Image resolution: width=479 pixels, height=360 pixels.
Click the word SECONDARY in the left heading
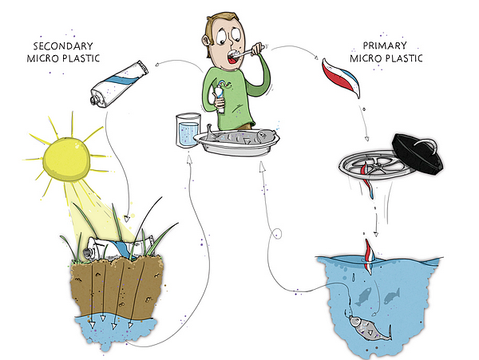(x=63, y=46)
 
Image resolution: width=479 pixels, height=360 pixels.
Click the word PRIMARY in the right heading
(x=385, y=45)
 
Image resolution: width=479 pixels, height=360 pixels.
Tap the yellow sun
(x=66, y=160)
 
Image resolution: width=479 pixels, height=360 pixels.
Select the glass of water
(x=188, y=130)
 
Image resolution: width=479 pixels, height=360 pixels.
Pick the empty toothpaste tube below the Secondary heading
(x=120, y=84)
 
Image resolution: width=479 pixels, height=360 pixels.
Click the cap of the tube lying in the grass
(x=88, y=252)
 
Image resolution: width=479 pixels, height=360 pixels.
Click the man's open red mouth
(x=234, y=59)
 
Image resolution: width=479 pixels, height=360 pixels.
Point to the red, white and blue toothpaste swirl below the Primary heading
(x=341, y=77)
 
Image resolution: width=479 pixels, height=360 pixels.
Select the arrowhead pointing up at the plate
(x=262, y=166)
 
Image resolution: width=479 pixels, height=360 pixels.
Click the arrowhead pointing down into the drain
(x=366, y=139)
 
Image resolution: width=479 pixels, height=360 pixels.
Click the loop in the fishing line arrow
(x=277, y=234)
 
